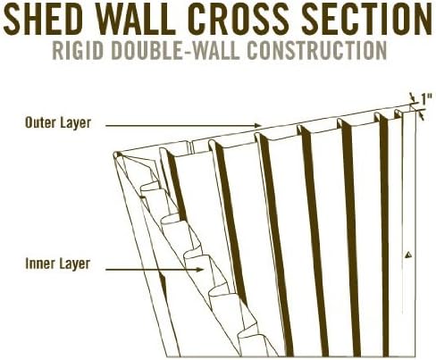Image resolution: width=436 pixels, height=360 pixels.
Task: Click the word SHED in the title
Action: point(43,19)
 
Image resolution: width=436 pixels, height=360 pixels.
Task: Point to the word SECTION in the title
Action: point(366,19)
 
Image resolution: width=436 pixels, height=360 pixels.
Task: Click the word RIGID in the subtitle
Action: point(78,50)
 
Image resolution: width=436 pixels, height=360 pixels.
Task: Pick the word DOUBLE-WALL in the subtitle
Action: point(176,50)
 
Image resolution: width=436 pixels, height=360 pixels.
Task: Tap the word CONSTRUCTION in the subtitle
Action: point(317,50)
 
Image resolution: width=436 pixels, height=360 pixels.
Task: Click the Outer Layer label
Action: point(58,123)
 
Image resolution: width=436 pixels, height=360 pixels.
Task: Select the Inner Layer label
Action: point(58,264)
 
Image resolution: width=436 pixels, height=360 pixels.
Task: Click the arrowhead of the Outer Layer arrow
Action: point(258,126)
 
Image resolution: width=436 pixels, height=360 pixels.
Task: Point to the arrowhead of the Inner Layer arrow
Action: point(200,270)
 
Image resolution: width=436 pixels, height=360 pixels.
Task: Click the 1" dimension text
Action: point(426,99)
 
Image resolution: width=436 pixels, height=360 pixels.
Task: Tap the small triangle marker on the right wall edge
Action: point(409,255)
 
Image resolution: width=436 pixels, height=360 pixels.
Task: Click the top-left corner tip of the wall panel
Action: point(114,155)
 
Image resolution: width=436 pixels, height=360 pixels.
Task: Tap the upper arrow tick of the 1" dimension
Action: point(412,97)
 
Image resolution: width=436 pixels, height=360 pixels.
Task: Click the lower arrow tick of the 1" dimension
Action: point(421,115)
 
